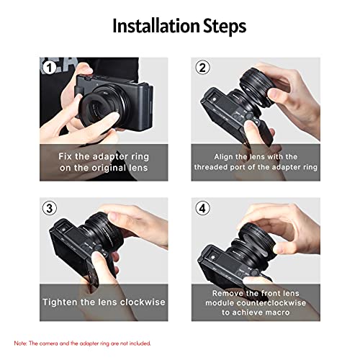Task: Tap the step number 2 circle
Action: point(202,68)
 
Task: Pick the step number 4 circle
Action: point(202,209)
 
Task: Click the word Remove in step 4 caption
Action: point(229,293)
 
